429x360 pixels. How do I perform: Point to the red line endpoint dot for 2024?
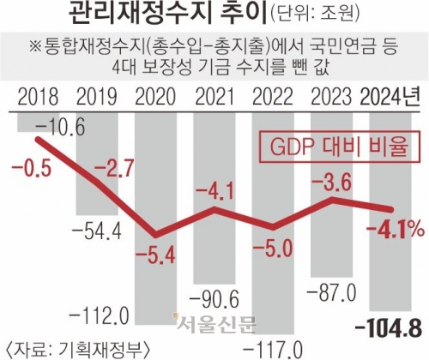(392, 208)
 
